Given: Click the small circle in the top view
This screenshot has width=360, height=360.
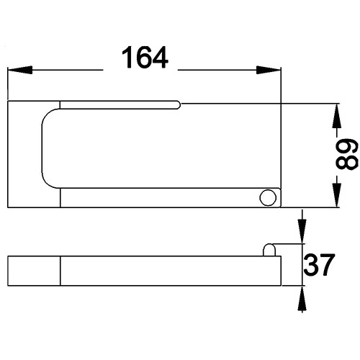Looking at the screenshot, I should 268,198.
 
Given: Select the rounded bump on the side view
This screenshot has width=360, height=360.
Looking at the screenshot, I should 269,249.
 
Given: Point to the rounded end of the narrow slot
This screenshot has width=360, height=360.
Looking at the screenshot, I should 176,105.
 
